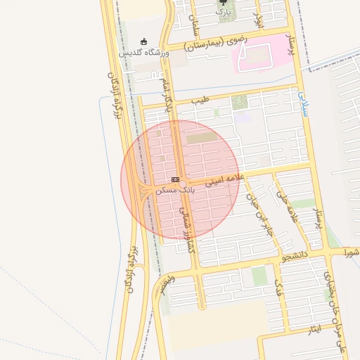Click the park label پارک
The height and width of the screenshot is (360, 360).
tap(222, 12)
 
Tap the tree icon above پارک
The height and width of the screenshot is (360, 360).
tap(222, 2)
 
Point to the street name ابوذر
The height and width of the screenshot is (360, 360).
tap(258, 20)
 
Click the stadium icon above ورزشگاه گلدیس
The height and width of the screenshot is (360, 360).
tap(144, 41)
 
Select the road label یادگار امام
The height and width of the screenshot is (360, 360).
tap(167, 95)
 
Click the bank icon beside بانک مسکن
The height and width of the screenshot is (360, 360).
tap(175, 180)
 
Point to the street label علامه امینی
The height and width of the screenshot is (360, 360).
tap(224, 181)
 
